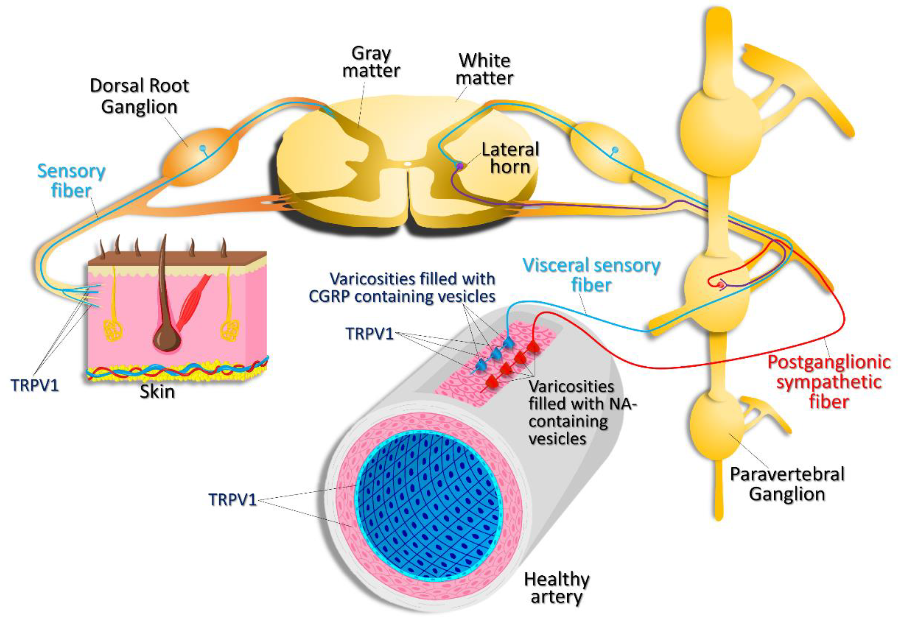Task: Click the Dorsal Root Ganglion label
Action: point(139,96)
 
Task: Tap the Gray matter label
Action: point(371,62)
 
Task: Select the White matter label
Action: point(485,69)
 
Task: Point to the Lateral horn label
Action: point(510,158)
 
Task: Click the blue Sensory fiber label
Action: point(71,181)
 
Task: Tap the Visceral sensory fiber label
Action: point(591,275)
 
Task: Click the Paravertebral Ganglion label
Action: point(787,484)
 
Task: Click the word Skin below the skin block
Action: point(157,391)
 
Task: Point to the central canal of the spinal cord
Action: point(408,164)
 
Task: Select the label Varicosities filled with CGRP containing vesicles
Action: point(403,288)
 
